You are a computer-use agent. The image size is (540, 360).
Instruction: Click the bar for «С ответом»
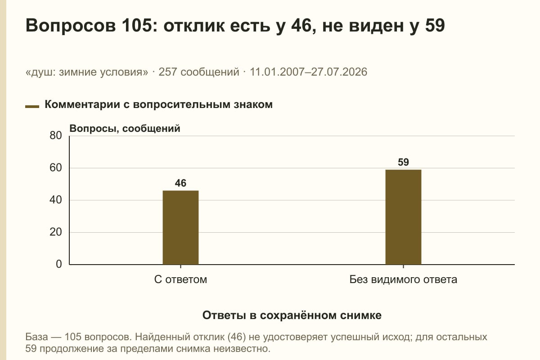coord(180,227)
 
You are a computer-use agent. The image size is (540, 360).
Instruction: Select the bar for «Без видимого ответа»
coord(403,217)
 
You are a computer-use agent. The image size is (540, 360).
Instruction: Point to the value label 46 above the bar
coord(180,183)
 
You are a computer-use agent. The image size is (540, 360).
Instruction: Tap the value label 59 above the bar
coord(403,162)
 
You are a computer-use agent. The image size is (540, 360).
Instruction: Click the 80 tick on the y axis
coord(56,135)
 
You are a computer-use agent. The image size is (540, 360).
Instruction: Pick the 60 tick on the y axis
coord(56,168)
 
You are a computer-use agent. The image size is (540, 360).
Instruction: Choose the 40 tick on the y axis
coord(56,200)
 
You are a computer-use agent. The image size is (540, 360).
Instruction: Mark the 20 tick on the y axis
coord(56,232)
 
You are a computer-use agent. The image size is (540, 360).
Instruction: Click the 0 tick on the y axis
coord(59,264)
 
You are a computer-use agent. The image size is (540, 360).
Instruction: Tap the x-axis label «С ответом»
coord(180,280)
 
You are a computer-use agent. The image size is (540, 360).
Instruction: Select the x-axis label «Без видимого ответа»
coord(403,280)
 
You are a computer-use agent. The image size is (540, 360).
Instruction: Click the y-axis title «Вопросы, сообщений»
coord(125,129)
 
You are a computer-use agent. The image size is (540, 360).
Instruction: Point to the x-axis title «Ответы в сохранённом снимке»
coord(292,315)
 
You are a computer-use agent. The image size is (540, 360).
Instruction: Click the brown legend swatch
coord(32,107)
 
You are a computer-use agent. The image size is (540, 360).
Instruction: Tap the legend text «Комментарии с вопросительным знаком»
coord(158,105)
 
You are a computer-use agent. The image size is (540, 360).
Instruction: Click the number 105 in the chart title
coord(137,25)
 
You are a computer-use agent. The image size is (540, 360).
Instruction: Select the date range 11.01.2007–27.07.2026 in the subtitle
coord(309,72)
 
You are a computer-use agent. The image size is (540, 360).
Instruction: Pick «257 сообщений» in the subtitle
coord(199,72)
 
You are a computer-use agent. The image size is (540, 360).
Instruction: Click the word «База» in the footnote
coord(36,337)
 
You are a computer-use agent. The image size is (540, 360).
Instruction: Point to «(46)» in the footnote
coord(237,337)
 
